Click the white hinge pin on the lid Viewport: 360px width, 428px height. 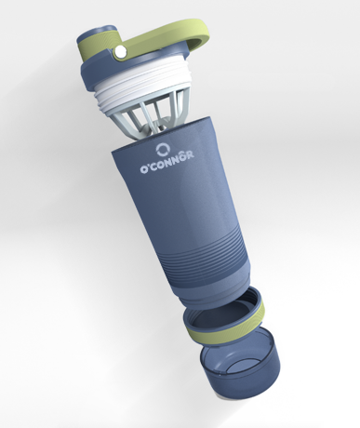(120, 52)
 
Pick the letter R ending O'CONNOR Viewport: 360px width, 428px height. (190, 154)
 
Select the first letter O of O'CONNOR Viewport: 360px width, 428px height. (143, 169)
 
